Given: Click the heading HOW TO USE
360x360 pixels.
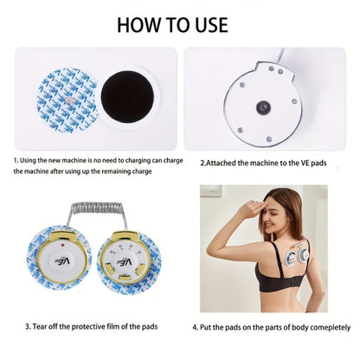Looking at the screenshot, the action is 172,25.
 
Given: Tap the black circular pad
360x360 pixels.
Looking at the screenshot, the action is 127,97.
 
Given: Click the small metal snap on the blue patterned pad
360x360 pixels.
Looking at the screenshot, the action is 69,100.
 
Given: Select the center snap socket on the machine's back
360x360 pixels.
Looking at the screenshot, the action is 263,107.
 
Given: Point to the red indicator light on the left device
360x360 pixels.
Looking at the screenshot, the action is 62,245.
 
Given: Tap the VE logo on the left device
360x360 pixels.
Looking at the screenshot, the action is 62,262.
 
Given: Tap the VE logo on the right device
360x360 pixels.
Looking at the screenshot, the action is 124,262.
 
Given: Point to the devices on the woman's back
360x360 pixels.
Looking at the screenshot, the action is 297,256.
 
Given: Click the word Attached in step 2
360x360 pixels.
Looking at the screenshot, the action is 222,163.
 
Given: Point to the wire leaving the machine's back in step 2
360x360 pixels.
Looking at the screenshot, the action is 280,55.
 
